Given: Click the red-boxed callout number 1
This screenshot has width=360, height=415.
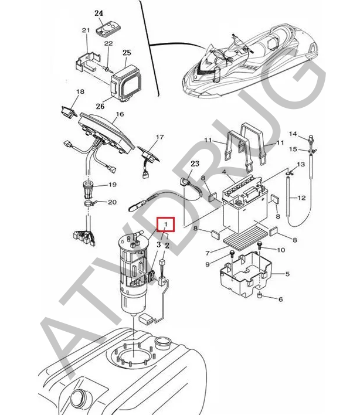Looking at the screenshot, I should (x=166, y=224).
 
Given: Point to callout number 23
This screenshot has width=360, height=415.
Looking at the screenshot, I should (x=195, y=164).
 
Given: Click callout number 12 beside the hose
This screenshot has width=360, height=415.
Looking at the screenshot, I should (x=301, y=198).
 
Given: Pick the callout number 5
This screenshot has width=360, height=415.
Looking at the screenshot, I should (x=280, y=299).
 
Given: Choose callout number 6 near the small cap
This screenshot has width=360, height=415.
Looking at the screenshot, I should (x=280, y=299).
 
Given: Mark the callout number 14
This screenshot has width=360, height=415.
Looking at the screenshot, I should (x=293, y=134).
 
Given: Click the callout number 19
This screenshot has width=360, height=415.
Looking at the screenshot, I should (x=113, y=185).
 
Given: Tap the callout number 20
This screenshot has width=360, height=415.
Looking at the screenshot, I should (x=113, y=202).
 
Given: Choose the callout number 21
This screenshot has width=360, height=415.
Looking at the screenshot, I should (x=85, y=30).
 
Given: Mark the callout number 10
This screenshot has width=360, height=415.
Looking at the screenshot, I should (x=281, y=250).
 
